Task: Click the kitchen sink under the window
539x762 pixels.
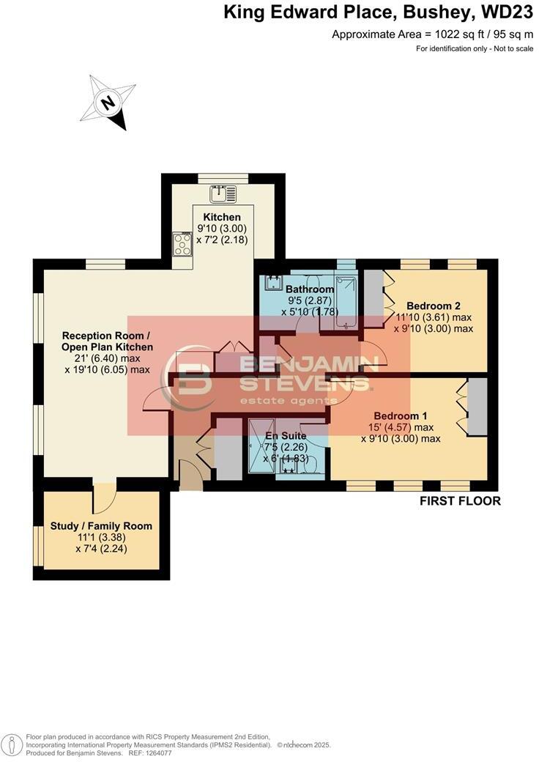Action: (x=223, y=194)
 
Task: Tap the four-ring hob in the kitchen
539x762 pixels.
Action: (x=182, y=244)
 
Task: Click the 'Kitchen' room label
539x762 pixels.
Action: (x=222, y=218)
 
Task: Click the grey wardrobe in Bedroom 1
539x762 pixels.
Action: (x=477, y=409)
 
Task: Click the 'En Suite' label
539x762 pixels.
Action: (x=286, y=435)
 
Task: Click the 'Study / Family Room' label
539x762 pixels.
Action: (x=101, y=525)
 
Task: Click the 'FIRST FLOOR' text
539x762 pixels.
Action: (x=460, y=501)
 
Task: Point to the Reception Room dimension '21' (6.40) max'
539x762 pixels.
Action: (x=108, y=358)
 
